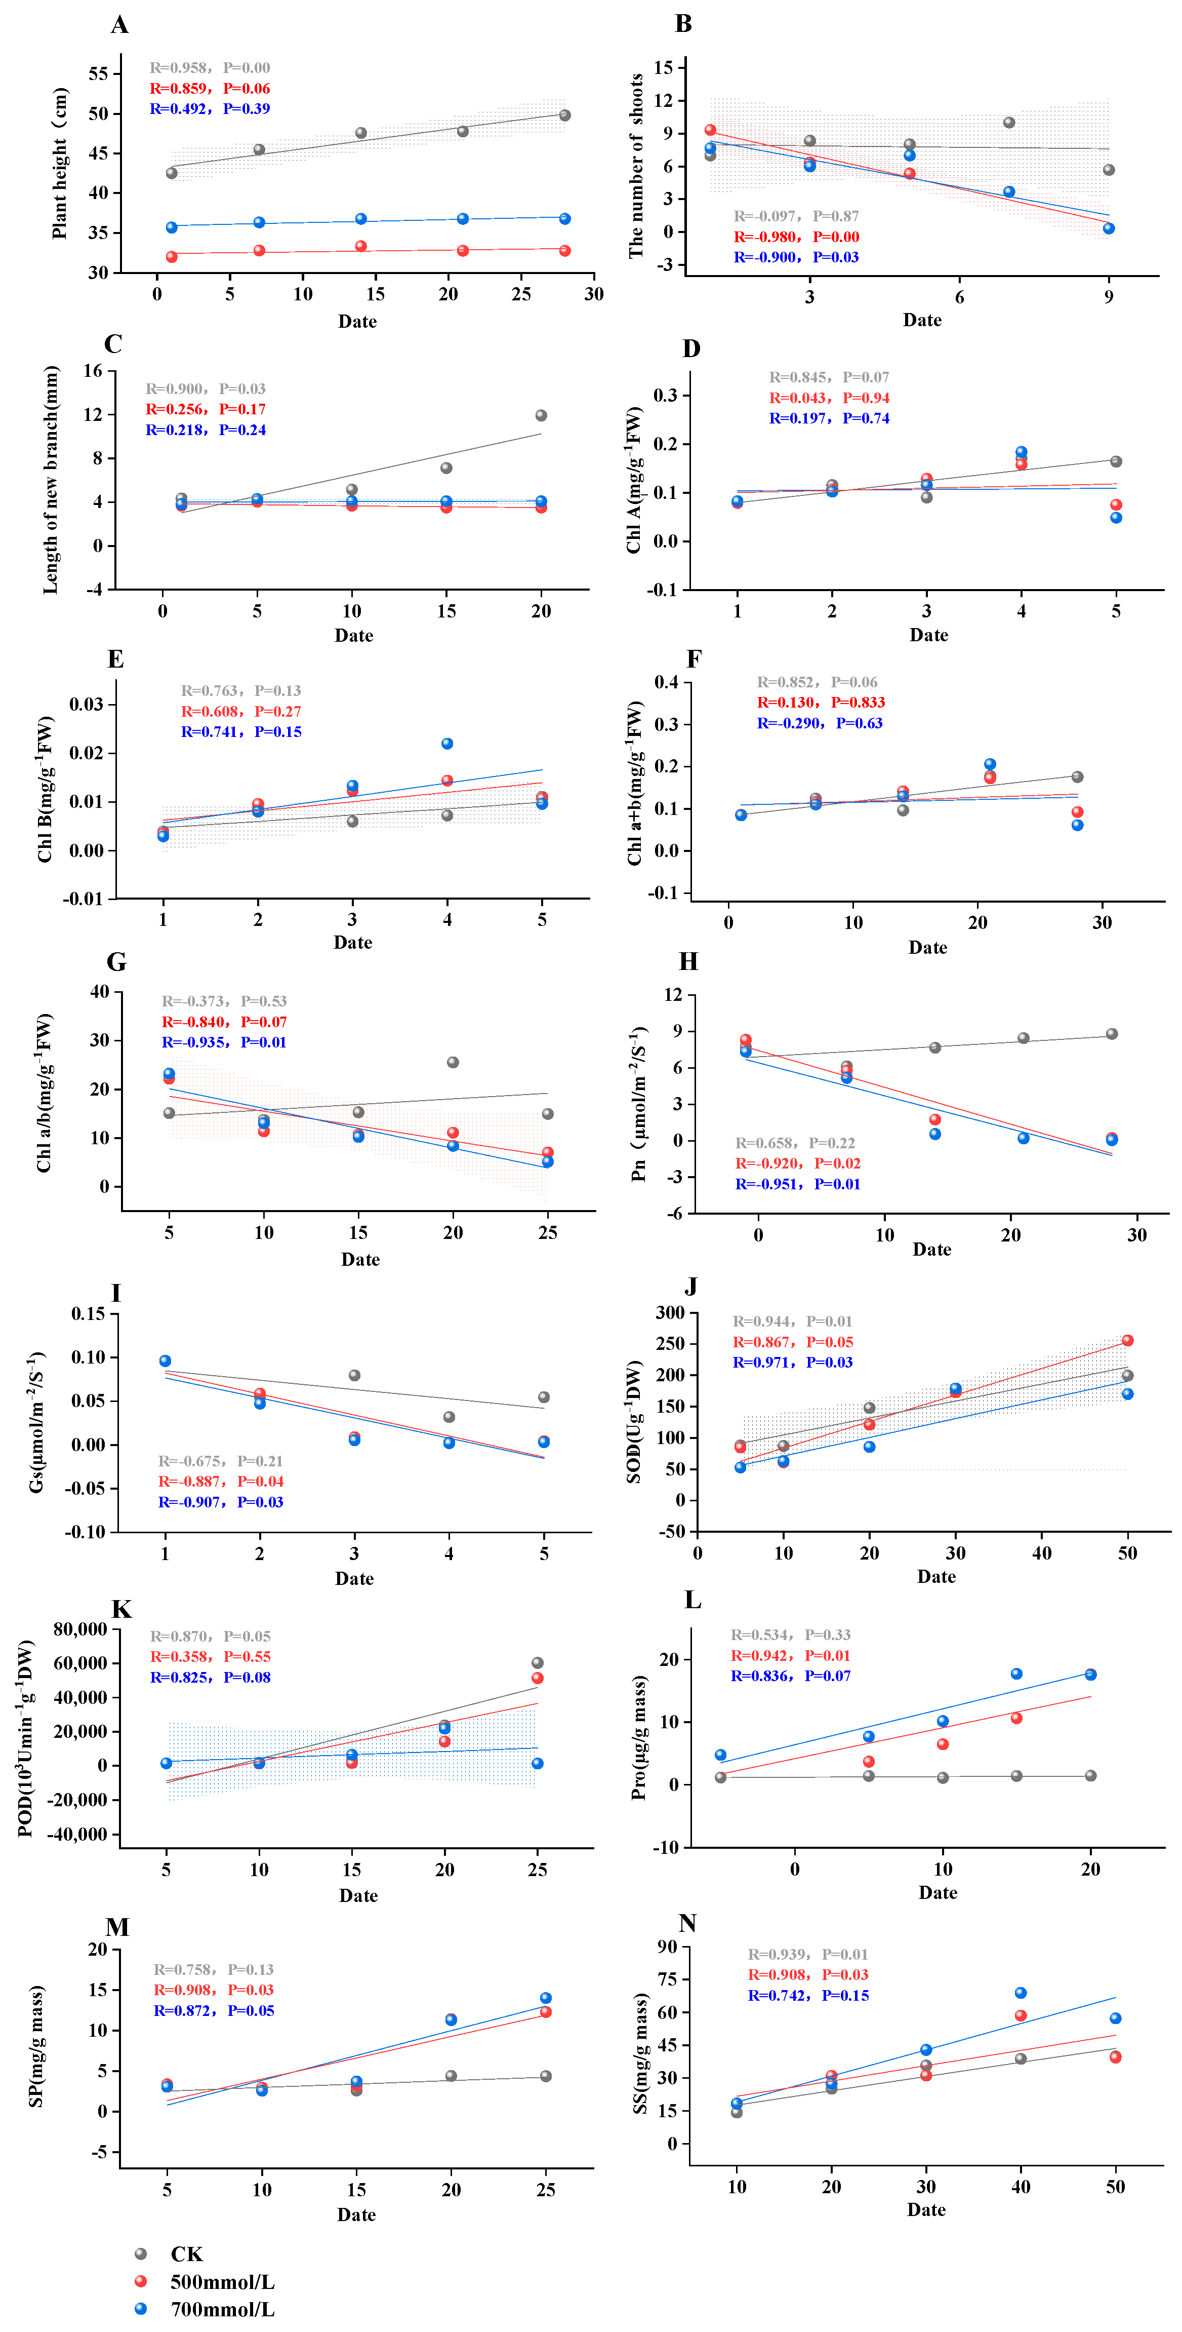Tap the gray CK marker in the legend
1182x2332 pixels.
pyautogui.click(x=140, y=2253)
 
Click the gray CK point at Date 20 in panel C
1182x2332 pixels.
pyautogui.click(x=541, y=415)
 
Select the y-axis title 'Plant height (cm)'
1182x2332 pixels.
pyautogui.click(x=60, y=163)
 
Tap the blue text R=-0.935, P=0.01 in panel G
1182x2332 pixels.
pyautogui.click(x=224, y=1042)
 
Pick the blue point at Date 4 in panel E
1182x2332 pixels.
pyautogui.click(x=447, y=743)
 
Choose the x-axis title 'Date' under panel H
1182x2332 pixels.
pyautogui.click(x=931, y=1249)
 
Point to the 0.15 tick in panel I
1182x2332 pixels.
pyautogui.click(x=89, y=1313)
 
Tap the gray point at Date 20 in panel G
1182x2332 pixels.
pyautogui.click(x=453, y=1062)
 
